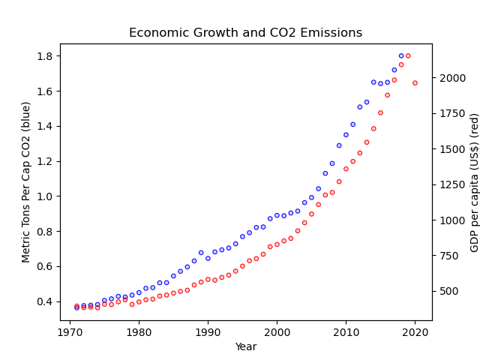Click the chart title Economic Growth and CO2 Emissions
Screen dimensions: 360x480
(245, 33)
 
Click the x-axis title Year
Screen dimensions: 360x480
(245, 346)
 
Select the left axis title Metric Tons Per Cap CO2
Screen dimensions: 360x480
(26, 182)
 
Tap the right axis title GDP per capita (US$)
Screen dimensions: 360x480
(474, 182)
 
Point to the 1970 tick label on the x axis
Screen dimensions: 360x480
(70, 331)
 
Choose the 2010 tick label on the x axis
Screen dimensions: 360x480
(346, 331)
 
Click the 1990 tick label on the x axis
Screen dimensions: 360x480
(208, 331)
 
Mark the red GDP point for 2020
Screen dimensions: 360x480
(415, 83)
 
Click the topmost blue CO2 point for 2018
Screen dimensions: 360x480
(401, 55)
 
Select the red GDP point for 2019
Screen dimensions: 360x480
(408, 55)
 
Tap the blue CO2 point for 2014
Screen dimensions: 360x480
(373, 82)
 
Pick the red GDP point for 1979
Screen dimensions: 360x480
(132, 304)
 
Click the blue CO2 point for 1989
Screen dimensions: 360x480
(201, 253)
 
